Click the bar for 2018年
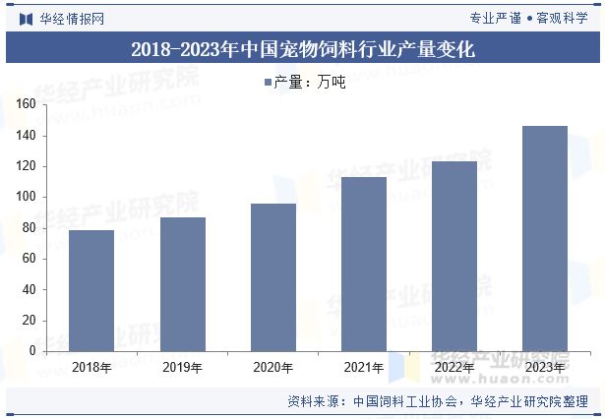(x=91, y=290)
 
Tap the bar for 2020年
(x=273, y=276)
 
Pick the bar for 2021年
(x=364, y=264)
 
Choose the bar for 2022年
(x=454, y=256)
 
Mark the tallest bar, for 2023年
(x=545, y=238)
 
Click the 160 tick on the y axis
(x=26, y=104)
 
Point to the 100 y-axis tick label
(x=26, y=197)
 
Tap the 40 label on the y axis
(x=30, y=289)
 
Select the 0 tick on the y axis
(x=32, y=351)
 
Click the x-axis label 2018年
(x=91, y=368)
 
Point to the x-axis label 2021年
(x=364, y=368)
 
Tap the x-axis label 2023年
(x=545, y=368)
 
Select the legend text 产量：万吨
(x=309, y=83)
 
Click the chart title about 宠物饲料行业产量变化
(x=302, y=48)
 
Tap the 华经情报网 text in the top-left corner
(x=71, y=18)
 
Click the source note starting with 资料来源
(x=438, y=401)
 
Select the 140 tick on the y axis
(x=26, y=135)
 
